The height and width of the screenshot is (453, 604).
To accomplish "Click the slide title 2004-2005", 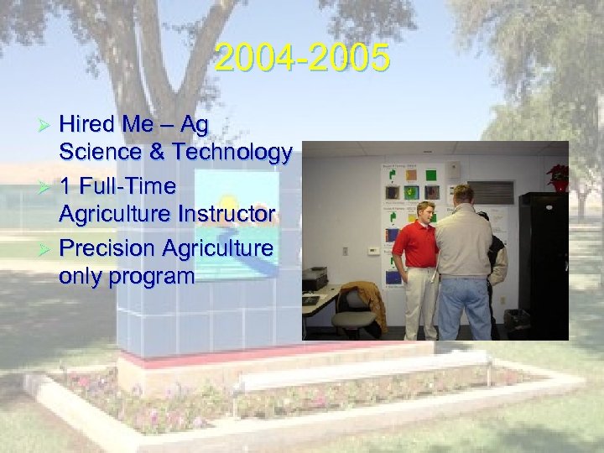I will [x=301, y=59].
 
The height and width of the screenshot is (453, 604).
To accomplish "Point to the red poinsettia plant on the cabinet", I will [x=558, y=176].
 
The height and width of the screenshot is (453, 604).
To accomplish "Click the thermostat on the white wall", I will [x=371, y=250].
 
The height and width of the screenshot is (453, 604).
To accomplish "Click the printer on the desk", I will [x=314, y=279].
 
